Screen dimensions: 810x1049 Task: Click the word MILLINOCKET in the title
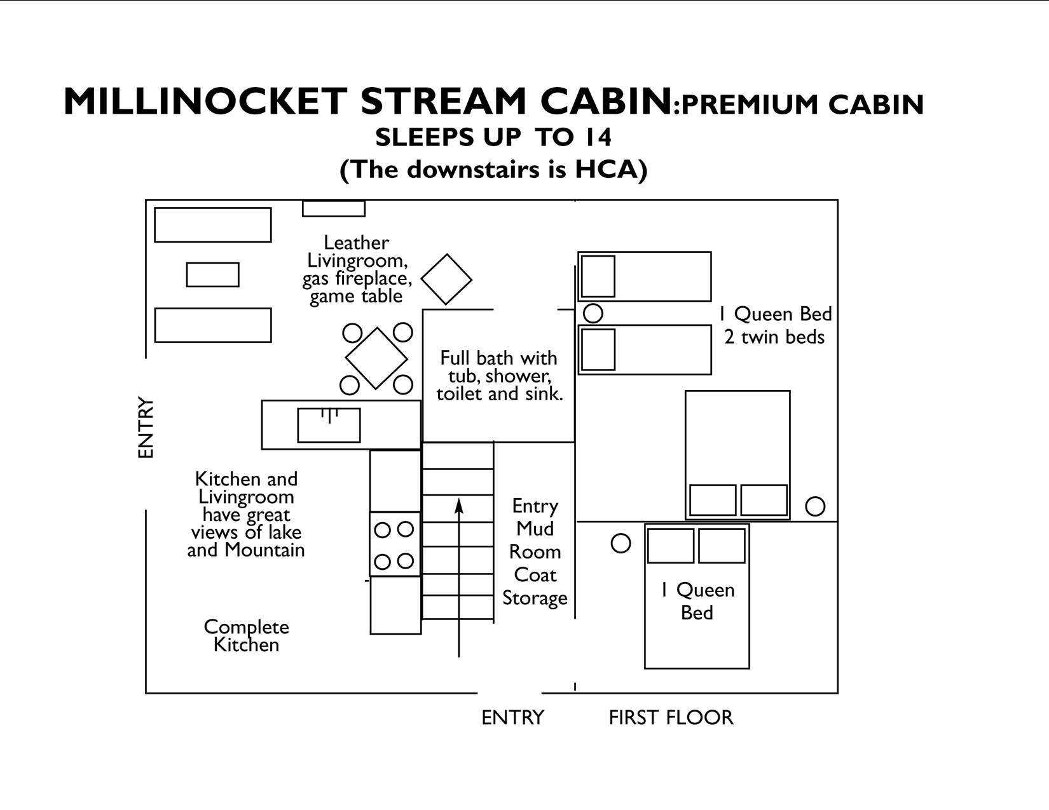[x=205, y=102]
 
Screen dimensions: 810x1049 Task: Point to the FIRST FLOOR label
[x=671, y=718]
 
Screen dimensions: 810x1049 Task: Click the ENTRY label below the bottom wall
[x=512, y=718]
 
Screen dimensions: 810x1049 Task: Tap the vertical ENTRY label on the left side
[x=146, y=428]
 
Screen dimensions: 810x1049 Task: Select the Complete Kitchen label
[x=246, y=636]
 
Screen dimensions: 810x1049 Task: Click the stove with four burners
[x=394, y=544]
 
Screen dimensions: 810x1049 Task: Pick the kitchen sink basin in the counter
[x=329, y=425]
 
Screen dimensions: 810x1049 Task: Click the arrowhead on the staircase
[x=459, y=506]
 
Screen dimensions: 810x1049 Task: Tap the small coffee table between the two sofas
[x=212, y=274]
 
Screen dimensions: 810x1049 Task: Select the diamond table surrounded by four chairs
[x=376, y=358]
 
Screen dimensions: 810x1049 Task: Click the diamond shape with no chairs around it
[x=446, y=280]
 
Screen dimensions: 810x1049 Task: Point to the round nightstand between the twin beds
[x=593, y=313]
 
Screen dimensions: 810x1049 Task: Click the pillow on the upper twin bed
[x=598, y=276]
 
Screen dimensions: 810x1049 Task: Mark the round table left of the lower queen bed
[x=620, y=543]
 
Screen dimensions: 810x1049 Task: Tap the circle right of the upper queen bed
[x=815, y=506]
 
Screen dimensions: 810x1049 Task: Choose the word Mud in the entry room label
[x=535, y=529]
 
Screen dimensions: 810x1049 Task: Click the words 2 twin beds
[x=774, y=337]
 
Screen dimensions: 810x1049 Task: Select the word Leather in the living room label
[x=356, y=243]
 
